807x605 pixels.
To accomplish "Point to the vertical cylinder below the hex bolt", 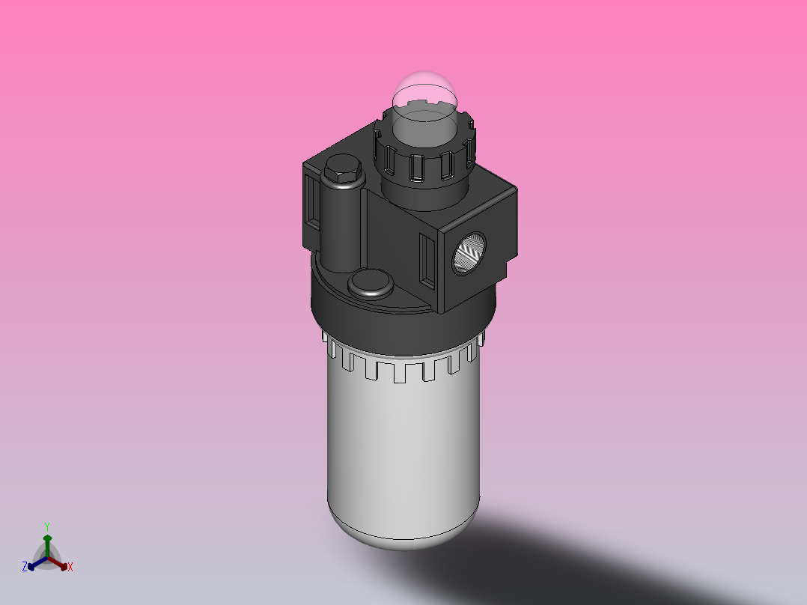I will pos(341,225).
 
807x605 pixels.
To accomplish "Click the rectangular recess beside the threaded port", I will pos(427,259).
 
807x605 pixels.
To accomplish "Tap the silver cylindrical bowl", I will pos(403,449).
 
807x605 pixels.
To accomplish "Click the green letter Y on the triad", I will pos(46,526).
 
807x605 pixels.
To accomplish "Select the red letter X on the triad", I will pos(70,568).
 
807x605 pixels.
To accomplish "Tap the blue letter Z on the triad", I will pos(25,567).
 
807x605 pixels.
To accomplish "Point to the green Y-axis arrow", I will pos(46,544).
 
